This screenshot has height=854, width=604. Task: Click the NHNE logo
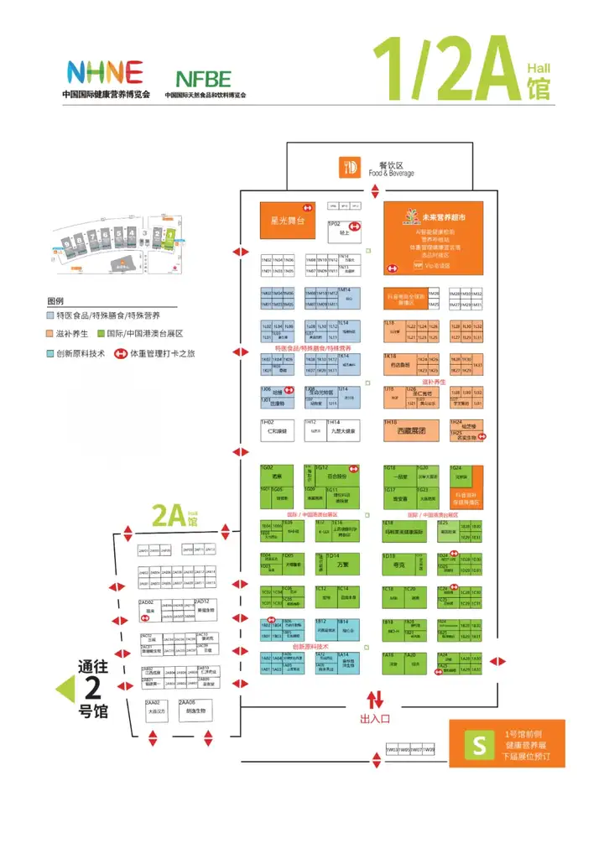[104, 73]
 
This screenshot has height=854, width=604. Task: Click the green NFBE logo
[203, 80]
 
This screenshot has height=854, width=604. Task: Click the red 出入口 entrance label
[375, 718]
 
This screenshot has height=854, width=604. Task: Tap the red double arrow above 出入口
[375, 698]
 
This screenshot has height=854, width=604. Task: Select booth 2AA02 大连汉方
[157, 710]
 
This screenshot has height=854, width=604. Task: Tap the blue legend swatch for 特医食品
[51, 315]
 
